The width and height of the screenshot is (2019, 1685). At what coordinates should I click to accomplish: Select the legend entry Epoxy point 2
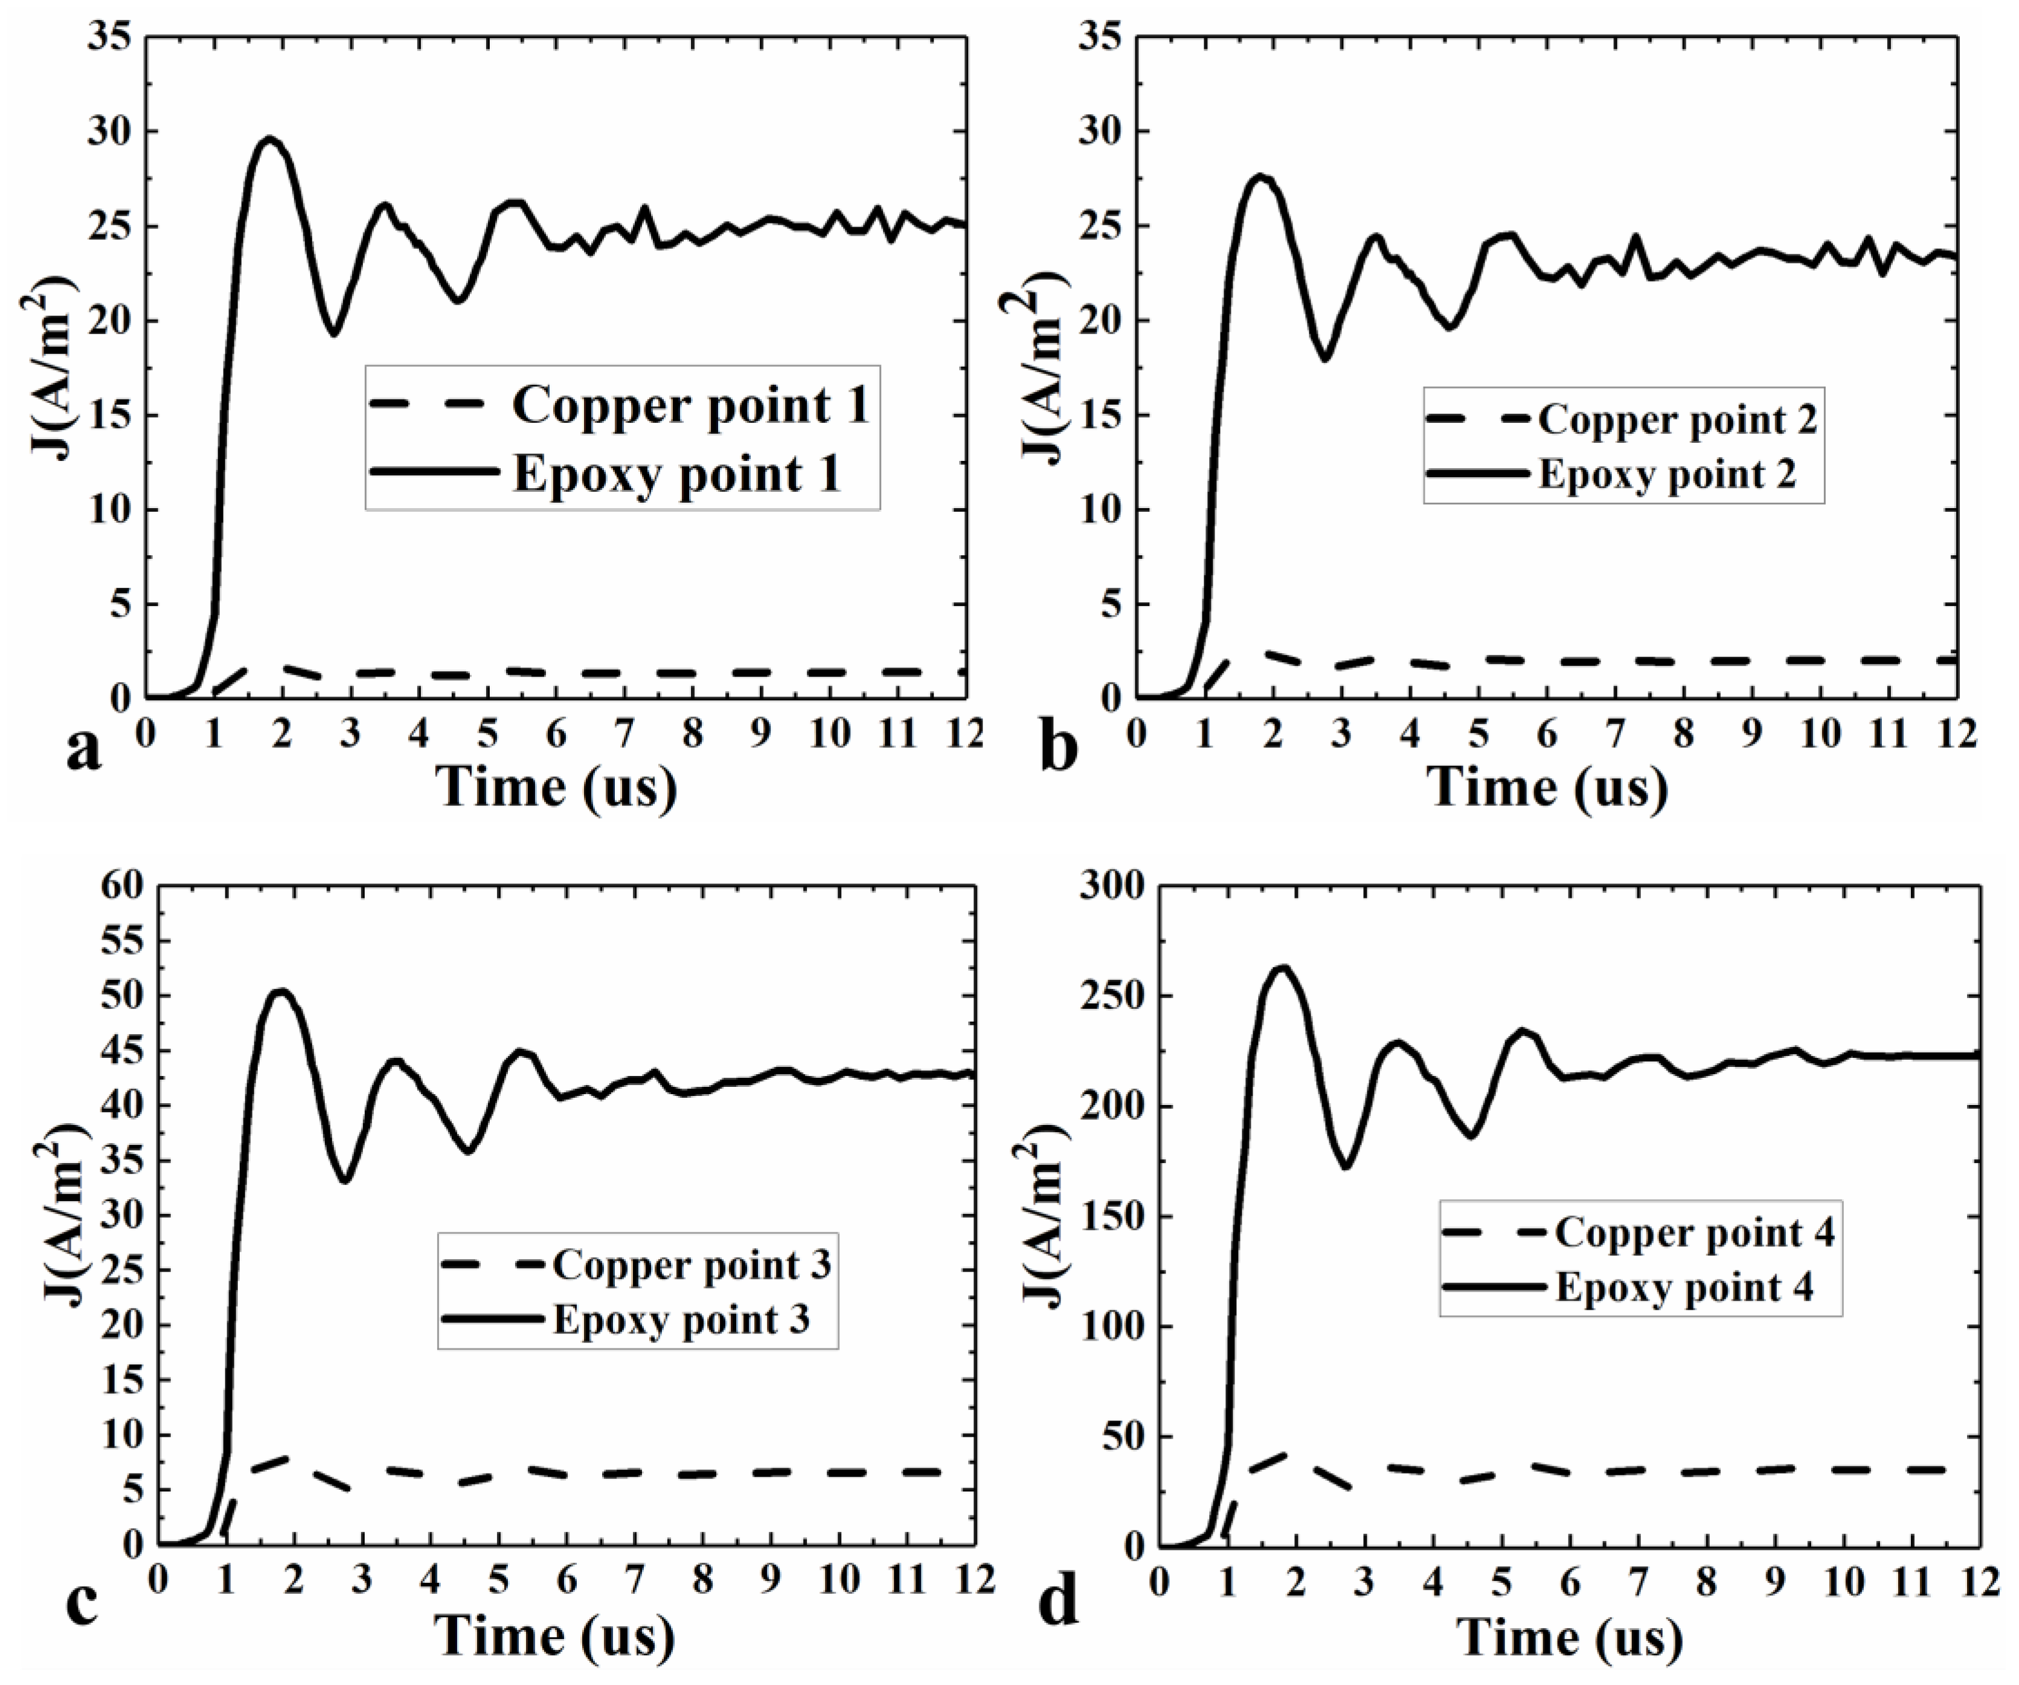(1667, 474)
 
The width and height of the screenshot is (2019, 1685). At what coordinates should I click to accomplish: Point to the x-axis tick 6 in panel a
(557, 733)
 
